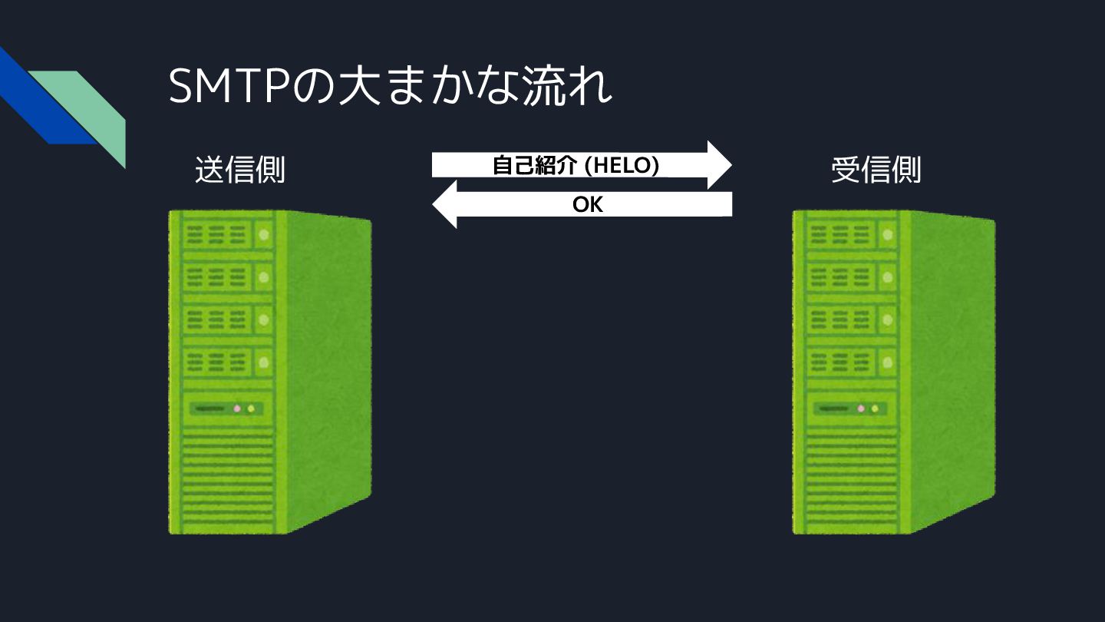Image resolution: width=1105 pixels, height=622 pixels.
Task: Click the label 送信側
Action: click(x=239, y=170)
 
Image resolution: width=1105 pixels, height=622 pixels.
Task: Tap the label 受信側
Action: click(x=876, y=170)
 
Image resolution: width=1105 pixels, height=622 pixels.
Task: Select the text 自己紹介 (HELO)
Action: click(x=575, y=165)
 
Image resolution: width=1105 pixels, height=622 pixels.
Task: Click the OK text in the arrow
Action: click(x=588, y=205)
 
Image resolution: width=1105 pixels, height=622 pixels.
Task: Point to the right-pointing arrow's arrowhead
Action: click(x=719, y=164)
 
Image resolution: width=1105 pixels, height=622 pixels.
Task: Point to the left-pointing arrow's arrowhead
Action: click(x=445, y=205)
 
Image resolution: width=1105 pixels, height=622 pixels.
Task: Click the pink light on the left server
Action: click(x=237, y=409)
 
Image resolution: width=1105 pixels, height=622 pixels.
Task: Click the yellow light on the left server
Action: click(x=251, y=409)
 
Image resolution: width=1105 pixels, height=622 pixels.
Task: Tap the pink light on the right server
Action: click(x=861, y=409)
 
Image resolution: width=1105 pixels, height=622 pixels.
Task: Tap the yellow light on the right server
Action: click(x=875, y=409)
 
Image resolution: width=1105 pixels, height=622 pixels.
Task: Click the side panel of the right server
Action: click(x=952, y=369)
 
